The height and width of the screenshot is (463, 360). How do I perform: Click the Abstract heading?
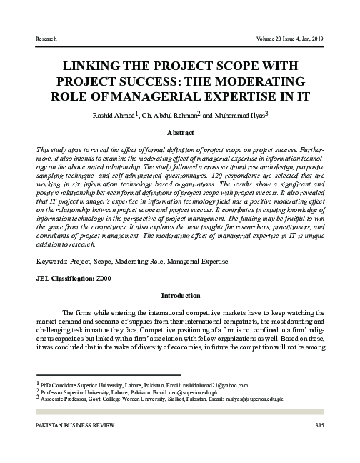pyautogui.click(x=180, y=133)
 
